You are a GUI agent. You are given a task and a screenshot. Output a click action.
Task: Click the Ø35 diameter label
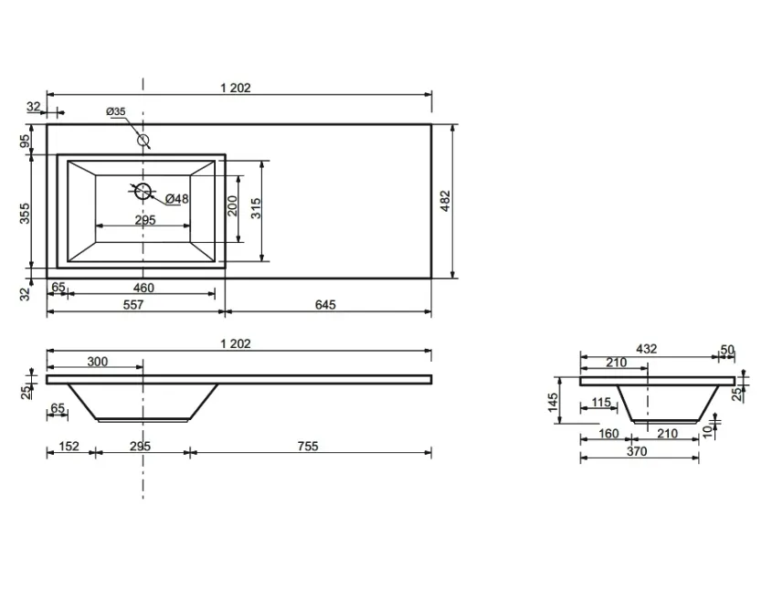[116, 111]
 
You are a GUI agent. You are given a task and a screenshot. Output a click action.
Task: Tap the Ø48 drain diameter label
[177, 199]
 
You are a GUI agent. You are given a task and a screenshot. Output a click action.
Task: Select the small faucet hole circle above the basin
[143, 140]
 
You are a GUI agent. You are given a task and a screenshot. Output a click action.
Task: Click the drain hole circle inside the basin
[143, 191]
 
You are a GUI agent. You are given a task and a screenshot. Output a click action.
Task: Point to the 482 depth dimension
[445, 201]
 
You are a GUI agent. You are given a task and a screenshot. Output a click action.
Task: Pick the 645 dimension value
[325, 305]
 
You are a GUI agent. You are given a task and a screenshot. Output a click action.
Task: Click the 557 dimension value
[133, 305]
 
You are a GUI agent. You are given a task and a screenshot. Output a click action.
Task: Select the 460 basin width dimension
[143, 288]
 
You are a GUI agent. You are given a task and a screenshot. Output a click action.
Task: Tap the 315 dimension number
[256, 208]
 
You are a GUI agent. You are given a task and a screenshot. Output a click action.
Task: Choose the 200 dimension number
[232, 206]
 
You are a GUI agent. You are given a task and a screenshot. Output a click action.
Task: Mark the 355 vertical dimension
[25, 214]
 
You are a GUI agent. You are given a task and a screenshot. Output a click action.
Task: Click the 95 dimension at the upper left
[25, 142]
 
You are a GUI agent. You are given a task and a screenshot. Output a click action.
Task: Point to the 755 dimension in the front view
[308, 446]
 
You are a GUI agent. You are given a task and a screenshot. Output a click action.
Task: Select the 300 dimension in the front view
[97, 362]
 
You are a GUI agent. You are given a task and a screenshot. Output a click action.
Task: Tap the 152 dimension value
[69, 446]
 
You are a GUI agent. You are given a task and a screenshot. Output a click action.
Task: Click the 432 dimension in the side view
[646, 349]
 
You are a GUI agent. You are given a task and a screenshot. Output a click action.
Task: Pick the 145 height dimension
[553, 403]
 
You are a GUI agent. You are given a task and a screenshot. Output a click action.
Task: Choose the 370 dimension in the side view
[637, 452]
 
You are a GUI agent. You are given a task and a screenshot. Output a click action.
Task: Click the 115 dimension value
[601, 403]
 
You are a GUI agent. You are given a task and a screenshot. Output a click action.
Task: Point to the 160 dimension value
[609, 434]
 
